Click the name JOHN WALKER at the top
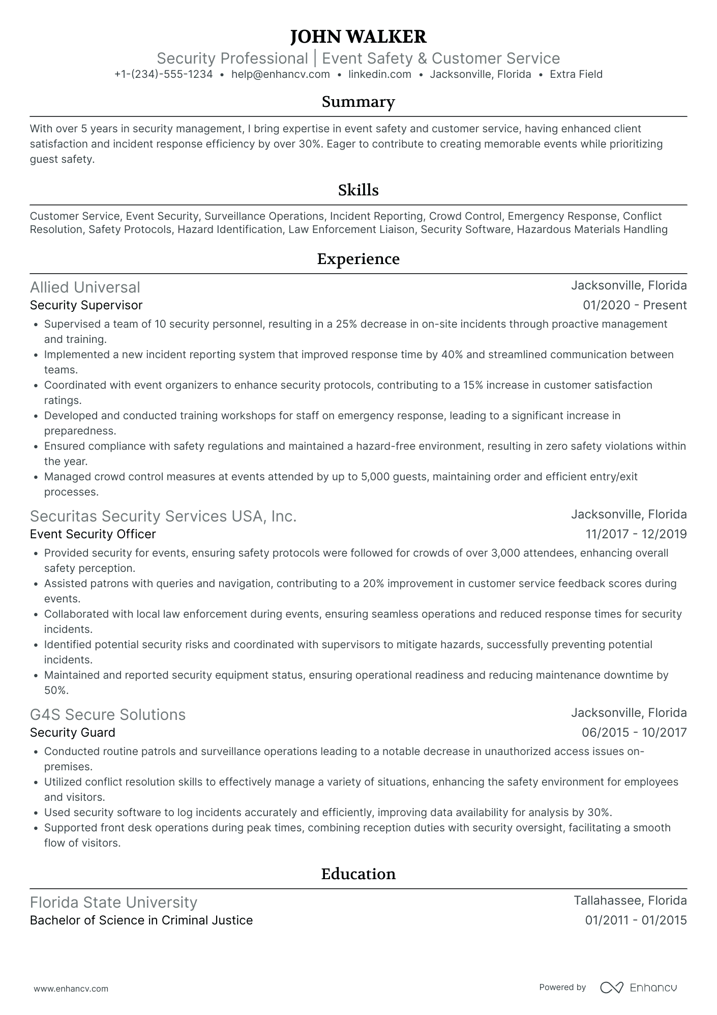(358, 37)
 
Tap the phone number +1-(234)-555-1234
(163, 74)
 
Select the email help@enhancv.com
(280, 74)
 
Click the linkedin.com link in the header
(379, 74)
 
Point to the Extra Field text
(576, 74)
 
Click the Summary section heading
(358, 102)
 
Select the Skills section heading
(358, 190)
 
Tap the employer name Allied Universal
(85, 287)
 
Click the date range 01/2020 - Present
(634, 305)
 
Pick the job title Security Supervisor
(86, 305)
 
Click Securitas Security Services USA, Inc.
(163, 516)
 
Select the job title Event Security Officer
(93, 534)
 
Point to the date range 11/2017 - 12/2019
(636, 534)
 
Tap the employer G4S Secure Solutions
(108, 715)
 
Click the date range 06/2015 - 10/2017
(634, 733)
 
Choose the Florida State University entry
(113, 903)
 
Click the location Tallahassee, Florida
(630, 901)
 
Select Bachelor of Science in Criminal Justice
(141, 920)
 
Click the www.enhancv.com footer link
(71, 989)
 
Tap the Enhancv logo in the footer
(638, 988)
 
